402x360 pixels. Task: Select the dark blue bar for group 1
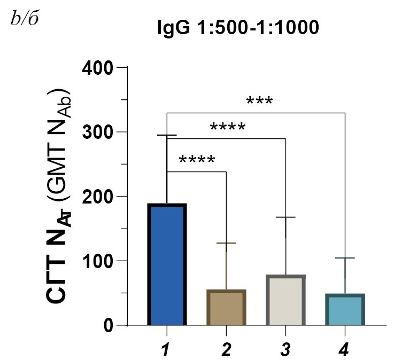pos(167,264)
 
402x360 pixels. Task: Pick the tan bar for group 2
pos(227,308)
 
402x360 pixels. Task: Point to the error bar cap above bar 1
pos(167,136)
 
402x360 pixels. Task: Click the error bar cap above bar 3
pos(285,217)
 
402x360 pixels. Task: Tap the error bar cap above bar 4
pos(345,259)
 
